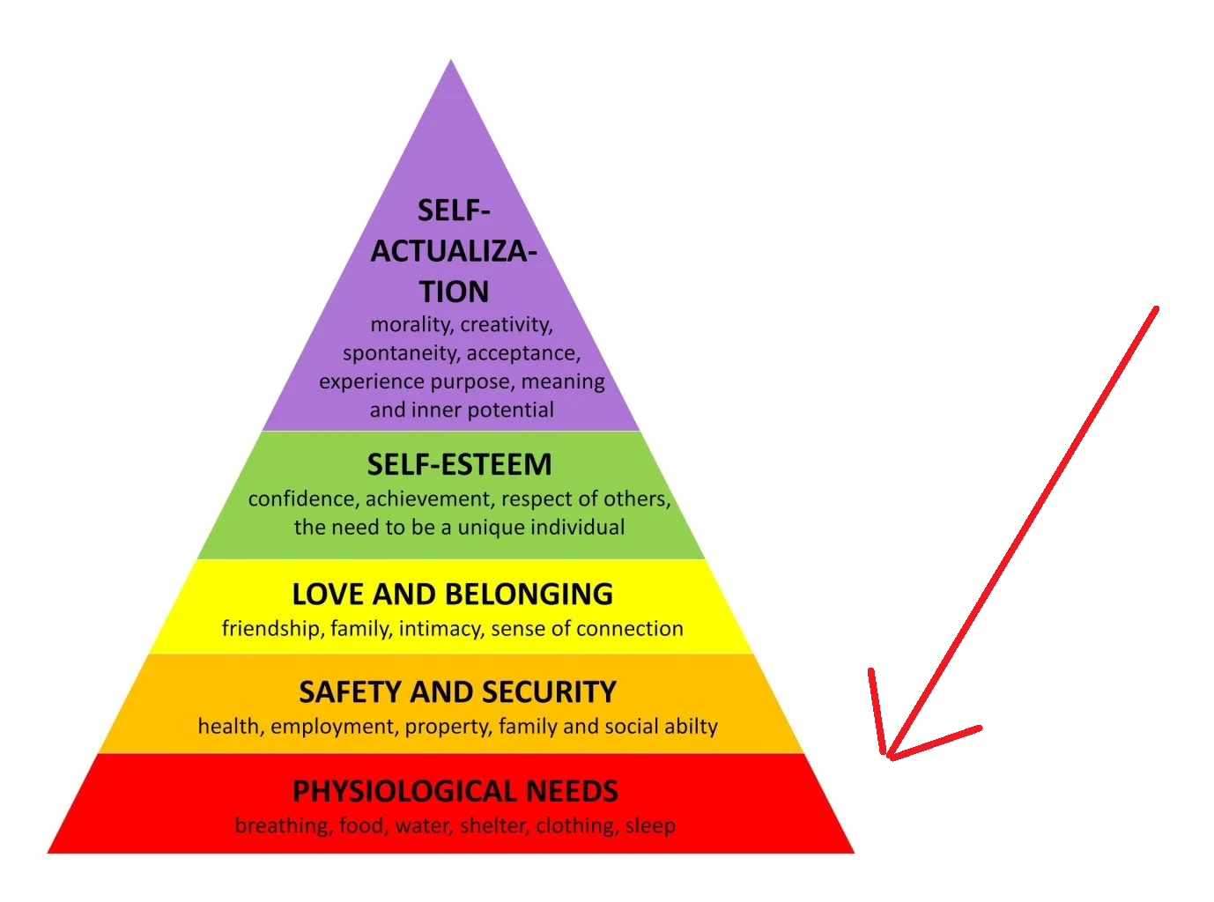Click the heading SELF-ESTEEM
[x=459, y=464]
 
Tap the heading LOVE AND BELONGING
[x=452, y=595]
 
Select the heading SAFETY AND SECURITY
[x=457, y=692]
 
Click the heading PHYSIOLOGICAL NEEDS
[x=455, y=791]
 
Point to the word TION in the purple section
[x=454, y=292]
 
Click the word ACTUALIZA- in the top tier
[x=454, y=252]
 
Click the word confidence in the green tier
[x=302, y=499]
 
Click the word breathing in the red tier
[x=283, y=826]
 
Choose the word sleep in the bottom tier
[x=650, y=826]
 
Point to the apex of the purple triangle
[x=451, y=62]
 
